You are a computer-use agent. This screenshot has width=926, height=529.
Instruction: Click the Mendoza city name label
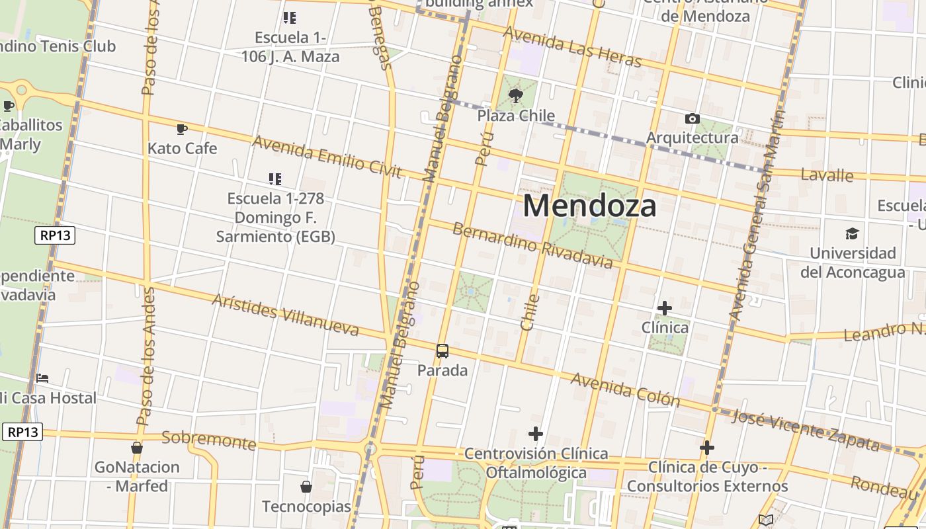589,206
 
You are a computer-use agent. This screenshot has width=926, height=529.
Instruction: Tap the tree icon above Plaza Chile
516,97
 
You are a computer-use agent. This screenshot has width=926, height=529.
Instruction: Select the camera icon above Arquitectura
693,119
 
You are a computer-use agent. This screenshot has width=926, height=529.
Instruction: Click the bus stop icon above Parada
442,351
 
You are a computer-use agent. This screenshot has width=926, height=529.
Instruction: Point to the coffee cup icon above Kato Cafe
182,129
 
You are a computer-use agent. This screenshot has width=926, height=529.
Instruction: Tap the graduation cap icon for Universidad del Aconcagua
852,234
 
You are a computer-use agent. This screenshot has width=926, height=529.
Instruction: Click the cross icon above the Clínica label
665,308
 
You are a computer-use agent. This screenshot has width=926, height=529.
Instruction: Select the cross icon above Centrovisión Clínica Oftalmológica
536,434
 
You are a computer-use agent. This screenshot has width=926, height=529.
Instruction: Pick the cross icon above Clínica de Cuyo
707,448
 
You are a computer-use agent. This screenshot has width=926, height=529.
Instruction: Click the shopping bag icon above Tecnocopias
306,487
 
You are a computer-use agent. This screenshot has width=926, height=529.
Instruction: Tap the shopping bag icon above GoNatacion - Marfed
137,448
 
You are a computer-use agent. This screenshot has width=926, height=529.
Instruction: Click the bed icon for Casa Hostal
42,378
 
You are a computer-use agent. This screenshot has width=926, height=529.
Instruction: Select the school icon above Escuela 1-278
275,179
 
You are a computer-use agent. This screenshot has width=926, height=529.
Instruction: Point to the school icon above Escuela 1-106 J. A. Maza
289,17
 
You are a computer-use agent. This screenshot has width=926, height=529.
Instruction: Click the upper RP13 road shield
55,235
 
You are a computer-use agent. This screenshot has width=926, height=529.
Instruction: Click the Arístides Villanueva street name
285,315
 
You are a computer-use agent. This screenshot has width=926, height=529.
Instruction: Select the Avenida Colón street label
624,389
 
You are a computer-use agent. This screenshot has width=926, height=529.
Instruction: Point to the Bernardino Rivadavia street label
532,246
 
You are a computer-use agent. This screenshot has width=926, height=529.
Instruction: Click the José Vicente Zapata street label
806,430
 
